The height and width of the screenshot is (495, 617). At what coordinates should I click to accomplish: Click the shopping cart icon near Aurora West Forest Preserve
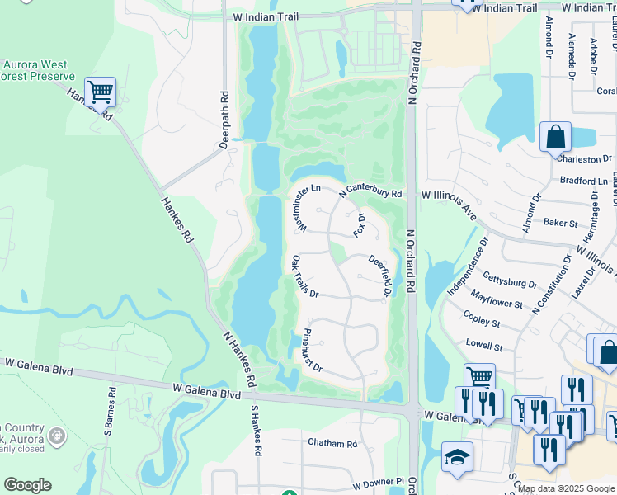click(100, 93)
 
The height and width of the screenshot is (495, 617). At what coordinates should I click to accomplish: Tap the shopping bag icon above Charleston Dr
click(555, 137)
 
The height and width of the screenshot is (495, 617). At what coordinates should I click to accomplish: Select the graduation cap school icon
click(457, 459)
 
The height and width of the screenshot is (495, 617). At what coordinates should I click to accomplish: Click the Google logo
click(27, 485)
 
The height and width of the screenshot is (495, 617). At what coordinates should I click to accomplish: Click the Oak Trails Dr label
click(304, 277)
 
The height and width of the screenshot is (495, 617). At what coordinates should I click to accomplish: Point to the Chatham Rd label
click(332, 443)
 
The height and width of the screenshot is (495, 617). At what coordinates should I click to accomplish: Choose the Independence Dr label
click(468, 266)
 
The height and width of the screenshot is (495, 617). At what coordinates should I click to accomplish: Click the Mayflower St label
click(497, 299)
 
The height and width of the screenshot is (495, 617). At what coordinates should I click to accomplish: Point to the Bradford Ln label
click(583, 181)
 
